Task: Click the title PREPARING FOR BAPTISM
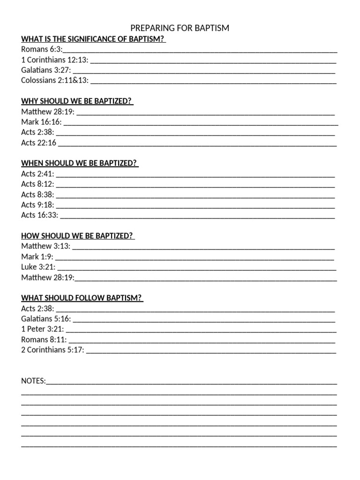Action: click(x=180, y=28)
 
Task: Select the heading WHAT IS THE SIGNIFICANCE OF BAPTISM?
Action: click(x=93, y=39)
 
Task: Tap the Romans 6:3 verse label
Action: click(x=41, y=49)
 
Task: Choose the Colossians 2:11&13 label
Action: click(x=54, y=80)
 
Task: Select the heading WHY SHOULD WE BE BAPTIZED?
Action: click(x=77, y=101)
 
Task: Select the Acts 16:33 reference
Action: click(x=39, y=215)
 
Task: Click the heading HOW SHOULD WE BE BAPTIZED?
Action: click(x=78, y=236)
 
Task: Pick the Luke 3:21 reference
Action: click(x=38, y=267)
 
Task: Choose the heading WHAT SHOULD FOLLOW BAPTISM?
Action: click(x=82, y=298)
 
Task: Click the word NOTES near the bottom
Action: click(x=33, y=381)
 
